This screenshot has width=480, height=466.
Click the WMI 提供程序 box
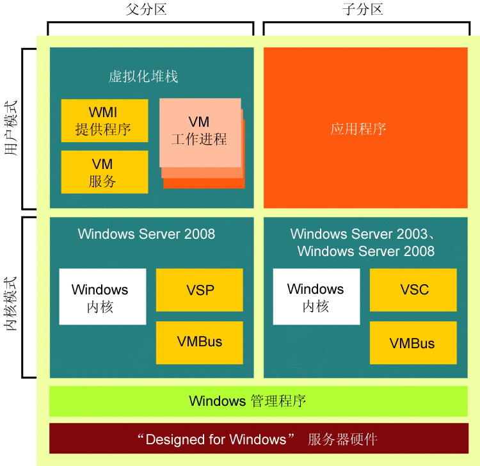(x=104, y=120)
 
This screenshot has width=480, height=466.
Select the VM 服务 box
(x=104, y=172)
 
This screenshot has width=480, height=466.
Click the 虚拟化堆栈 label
(x=143, y=77)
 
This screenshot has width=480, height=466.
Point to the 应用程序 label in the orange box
(x=358, y=129)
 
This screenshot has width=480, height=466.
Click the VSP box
(x=200, y=290)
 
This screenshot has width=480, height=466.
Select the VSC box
(x=413, y=290)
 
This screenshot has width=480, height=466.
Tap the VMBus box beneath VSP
(x=200, y=342)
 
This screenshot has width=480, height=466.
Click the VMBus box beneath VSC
(x=413, y=343)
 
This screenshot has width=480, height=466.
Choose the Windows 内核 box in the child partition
(x=316, y=297)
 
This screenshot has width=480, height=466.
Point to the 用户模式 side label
(x=11, y=129)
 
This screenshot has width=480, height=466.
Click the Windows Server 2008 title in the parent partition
(x=147, y=234)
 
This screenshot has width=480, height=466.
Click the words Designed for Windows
(x=216, y=440)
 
